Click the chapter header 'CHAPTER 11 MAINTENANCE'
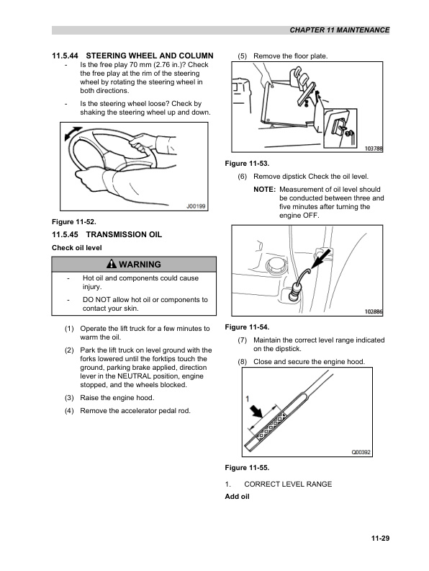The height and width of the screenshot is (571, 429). coord(338,30)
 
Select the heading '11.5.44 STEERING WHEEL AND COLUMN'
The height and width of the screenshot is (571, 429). coord(132,56)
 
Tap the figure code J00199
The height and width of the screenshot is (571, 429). coord(196,206)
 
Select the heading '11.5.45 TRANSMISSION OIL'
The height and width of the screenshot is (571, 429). coord(107,235)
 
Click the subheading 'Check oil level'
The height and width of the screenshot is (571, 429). coord(76,248)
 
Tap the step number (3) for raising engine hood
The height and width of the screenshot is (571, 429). coord(68,397)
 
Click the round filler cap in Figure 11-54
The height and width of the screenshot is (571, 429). coord(276,268)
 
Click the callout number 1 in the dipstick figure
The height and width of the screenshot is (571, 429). coord(247,398)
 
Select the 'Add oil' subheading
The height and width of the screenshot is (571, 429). coord(237,497)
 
